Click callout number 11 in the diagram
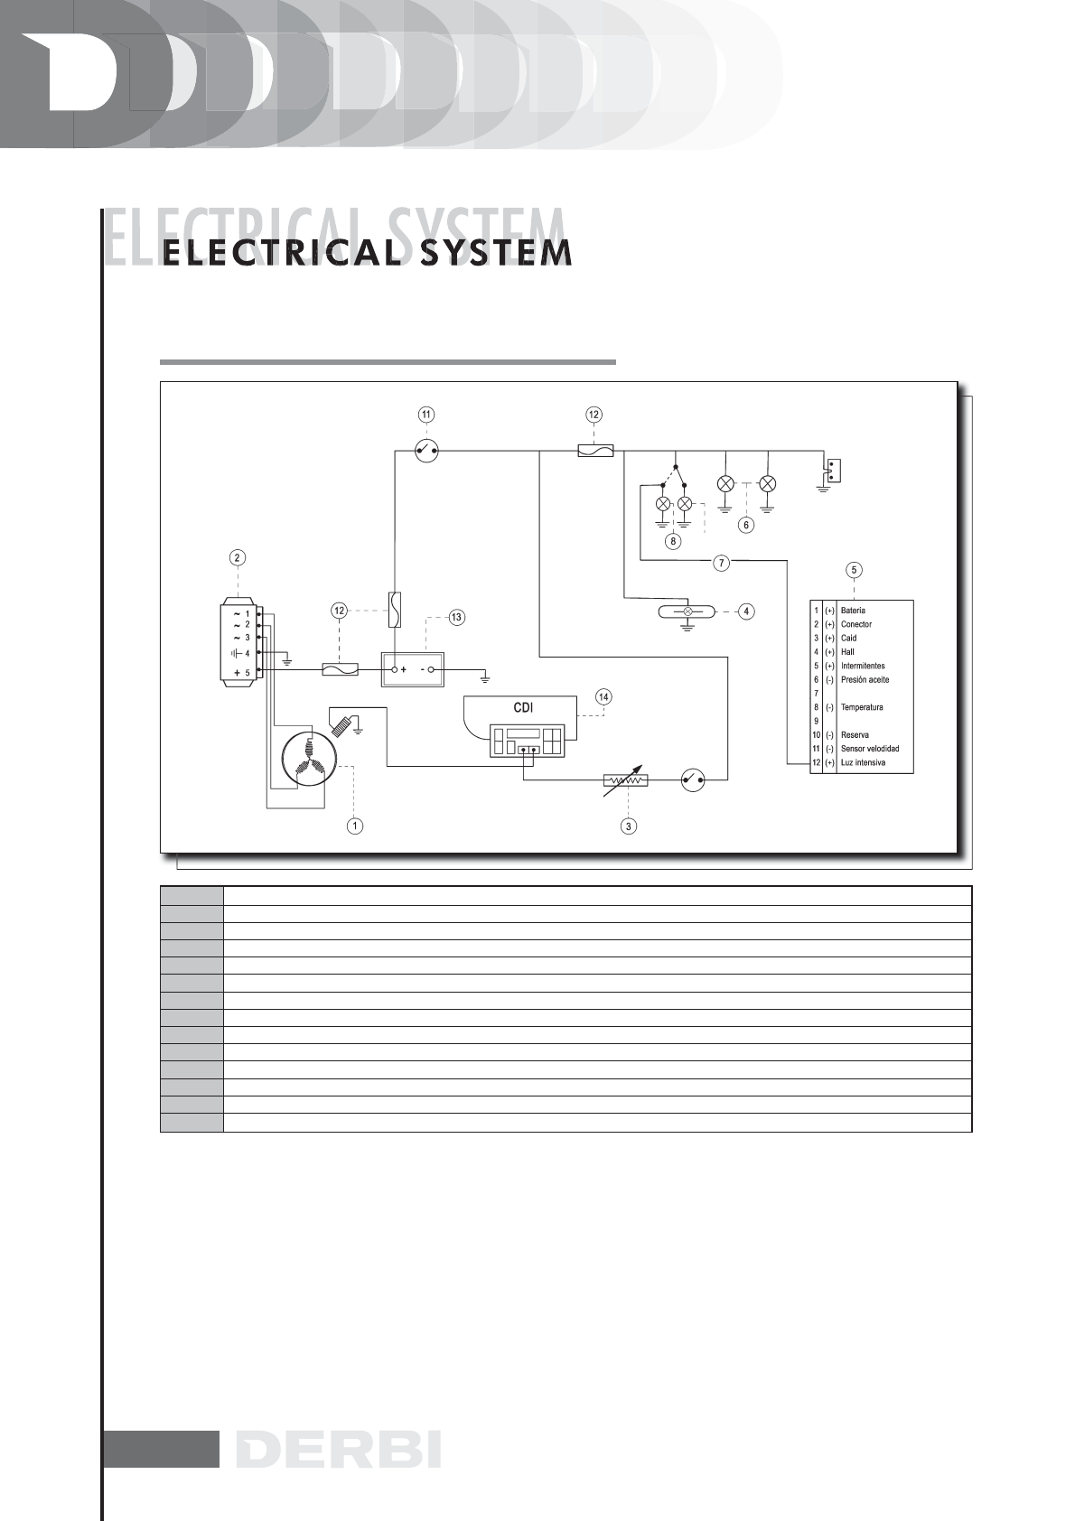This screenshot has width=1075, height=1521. [425, 415]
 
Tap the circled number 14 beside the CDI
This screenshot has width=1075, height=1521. [603, 696]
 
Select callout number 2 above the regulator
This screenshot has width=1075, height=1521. [237, 557]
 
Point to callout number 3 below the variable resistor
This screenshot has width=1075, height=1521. [629, 826]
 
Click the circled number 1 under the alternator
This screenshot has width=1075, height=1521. [357, 826]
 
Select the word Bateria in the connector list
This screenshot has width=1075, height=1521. [853, 611]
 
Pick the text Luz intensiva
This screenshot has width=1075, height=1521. [863, 762]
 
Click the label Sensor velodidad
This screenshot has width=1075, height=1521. [870, 749]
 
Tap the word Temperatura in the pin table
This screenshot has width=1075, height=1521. [862, 707]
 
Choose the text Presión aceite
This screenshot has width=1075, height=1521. [865, 679]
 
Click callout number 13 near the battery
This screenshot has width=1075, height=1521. [456, 618]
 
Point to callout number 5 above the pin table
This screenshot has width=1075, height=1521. [854, 570]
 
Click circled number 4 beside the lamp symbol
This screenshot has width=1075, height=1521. [746, 611]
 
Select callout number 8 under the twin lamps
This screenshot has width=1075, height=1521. [673, 542]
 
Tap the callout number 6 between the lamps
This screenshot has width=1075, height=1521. [746, 525]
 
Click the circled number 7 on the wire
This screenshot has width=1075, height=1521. [721, 563]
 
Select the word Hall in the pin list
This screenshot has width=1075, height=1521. [847, 652]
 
